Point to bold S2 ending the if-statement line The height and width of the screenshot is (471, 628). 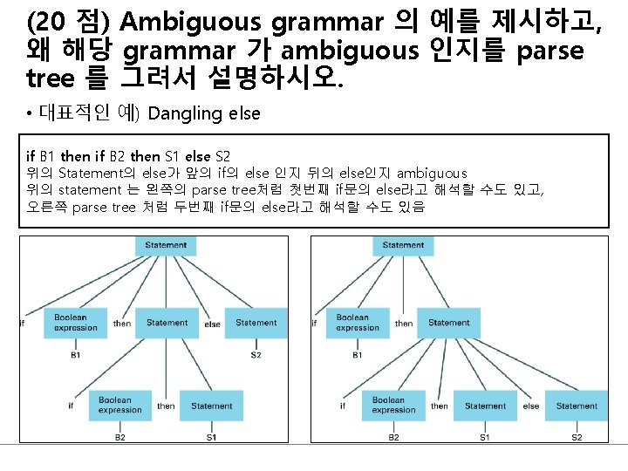tap(222, 157)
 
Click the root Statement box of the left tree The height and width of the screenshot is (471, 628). tap(166, 246)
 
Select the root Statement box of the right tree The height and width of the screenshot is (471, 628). tap(403, 246)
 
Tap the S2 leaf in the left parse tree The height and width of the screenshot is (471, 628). tap(256, 355)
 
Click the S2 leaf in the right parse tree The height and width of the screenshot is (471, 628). tap(577, 437)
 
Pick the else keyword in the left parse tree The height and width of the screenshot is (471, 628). tap(212, 324)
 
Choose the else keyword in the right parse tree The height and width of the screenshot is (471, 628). tap(530, 406)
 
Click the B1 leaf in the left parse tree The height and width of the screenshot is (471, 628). tap(76, 355)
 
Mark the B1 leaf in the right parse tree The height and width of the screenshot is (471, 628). tap(358, 355)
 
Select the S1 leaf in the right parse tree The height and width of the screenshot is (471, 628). tap(485, 437)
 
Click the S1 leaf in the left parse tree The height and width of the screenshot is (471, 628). tap(212, 437)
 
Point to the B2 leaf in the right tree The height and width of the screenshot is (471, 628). tap(393, 437)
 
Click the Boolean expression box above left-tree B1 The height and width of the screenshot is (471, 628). tap(76, 323)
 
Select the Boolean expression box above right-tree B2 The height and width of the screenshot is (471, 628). tap(388, 406)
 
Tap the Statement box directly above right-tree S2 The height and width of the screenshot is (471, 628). tap(577, 406)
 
